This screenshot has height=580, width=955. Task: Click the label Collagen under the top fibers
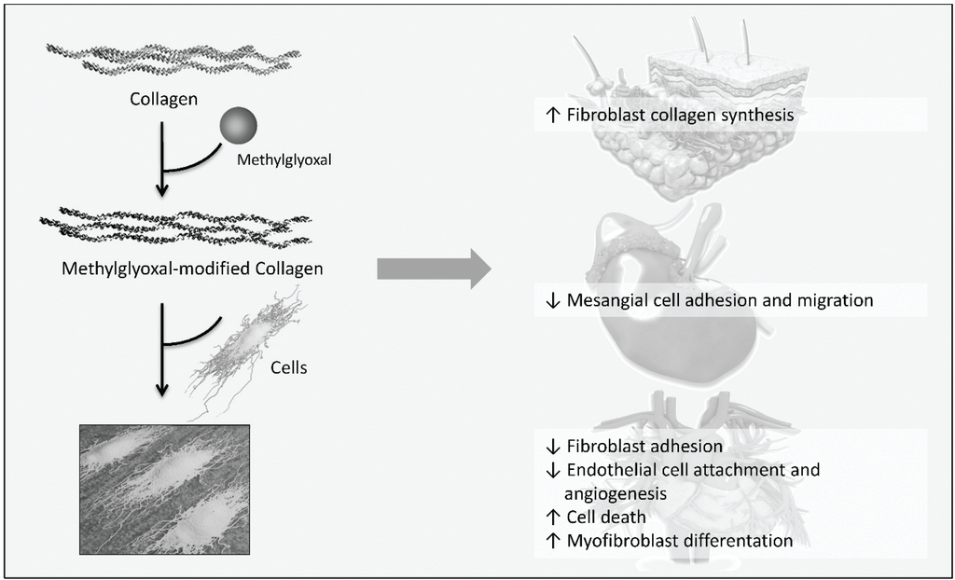coord(163,97)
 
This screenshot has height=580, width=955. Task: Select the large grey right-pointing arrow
coord(434,269)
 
